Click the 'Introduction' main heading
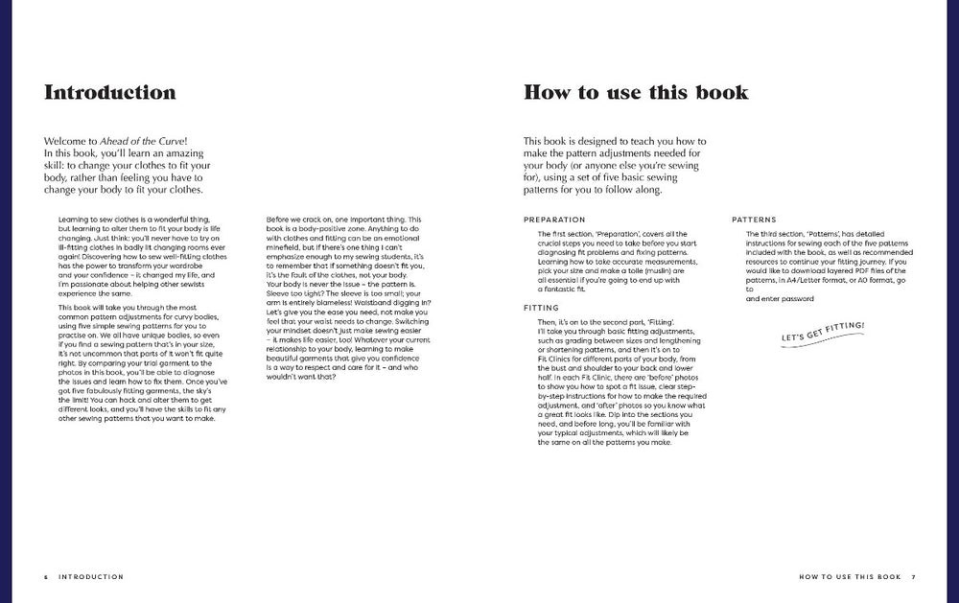click(109, 93)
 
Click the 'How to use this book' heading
click(636, 93)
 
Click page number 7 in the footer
click(914, 577)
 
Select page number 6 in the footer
click(45, 577)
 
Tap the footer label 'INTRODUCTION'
click(91, 577)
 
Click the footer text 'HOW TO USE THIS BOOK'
click(850, 577)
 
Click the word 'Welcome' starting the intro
click(64, 142)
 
